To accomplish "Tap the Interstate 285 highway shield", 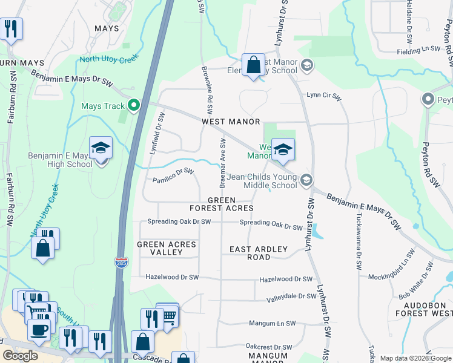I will (120, 261).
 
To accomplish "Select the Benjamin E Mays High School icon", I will (101, 149).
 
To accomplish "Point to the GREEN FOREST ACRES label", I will (230, 204).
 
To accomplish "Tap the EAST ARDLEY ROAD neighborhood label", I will (250, 253).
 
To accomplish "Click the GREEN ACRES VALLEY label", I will (166, 249).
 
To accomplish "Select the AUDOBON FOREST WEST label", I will (423, 309).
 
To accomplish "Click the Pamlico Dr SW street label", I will (173, 175).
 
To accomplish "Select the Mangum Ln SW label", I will (272, 324).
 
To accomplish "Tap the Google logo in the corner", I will (21, 355).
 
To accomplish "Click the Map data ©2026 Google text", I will (415, 358).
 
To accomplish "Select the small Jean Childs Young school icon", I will (306, 180).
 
